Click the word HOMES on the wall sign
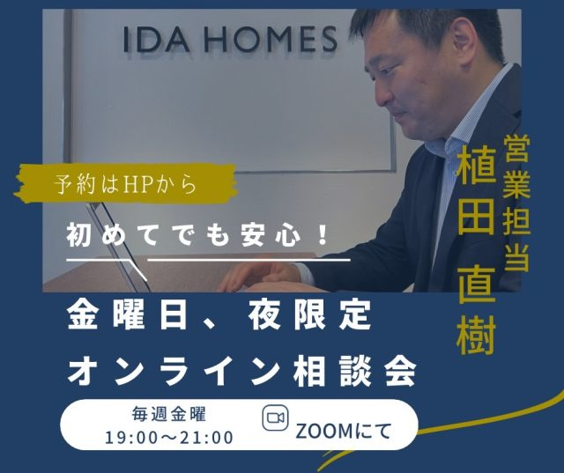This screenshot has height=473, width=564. click(271, 39)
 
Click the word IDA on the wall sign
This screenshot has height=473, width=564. click(156, 39)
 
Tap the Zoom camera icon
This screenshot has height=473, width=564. click(275, 418)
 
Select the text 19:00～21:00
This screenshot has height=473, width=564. click(169, 438)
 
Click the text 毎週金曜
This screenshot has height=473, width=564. click(169, 414)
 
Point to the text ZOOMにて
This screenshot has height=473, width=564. click(343, 431)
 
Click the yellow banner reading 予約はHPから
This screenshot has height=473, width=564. click(126, 183)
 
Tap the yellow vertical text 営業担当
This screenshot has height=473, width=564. click(516, 203)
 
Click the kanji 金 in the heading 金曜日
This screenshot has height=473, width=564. click(82, 314)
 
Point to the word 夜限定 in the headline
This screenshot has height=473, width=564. click(310, 314)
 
